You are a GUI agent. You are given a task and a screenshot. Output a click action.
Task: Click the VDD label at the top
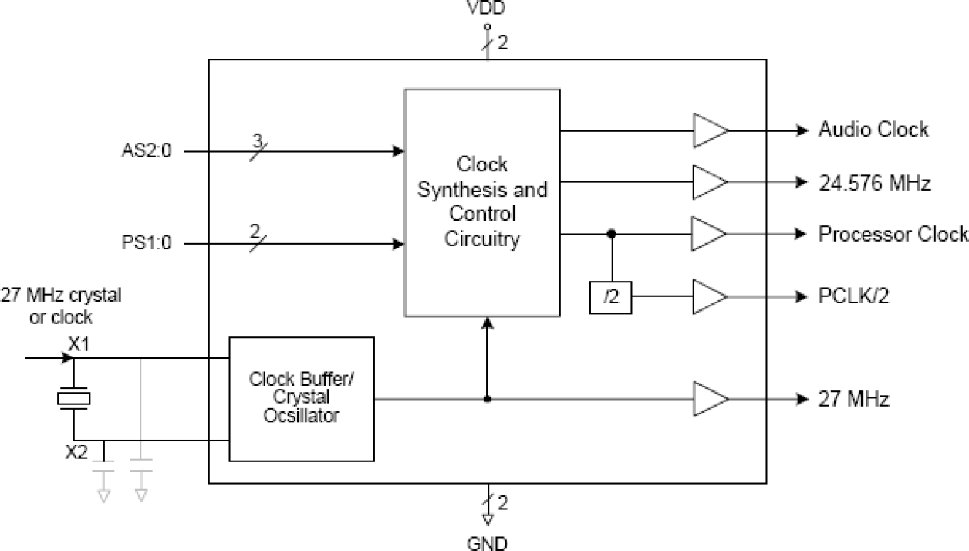487,8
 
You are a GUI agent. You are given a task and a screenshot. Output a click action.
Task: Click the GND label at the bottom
487,543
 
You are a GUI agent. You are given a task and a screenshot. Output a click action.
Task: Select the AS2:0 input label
146,152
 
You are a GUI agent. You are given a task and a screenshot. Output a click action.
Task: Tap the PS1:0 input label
146,245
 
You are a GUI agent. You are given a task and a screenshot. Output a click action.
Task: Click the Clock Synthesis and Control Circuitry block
482,202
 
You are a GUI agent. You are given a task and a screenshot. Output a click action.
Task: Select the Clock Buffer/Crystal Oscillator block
302,399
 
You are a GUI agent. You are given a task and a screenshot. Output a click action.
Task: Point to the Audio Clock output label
873,130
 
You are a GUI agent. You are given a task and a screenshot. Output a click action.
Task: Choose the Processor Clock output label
893,234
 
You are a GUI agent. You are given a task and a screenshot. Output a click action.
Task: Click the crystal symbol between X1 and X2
74,399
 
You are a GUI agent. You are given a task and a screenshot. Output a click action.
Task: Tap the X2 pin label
76,452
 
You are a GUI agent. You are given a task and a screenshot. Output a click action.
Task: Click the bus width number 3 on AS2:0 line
257,140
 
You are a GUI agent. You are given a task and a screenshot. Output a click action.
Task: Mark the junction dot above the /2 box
611,233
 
